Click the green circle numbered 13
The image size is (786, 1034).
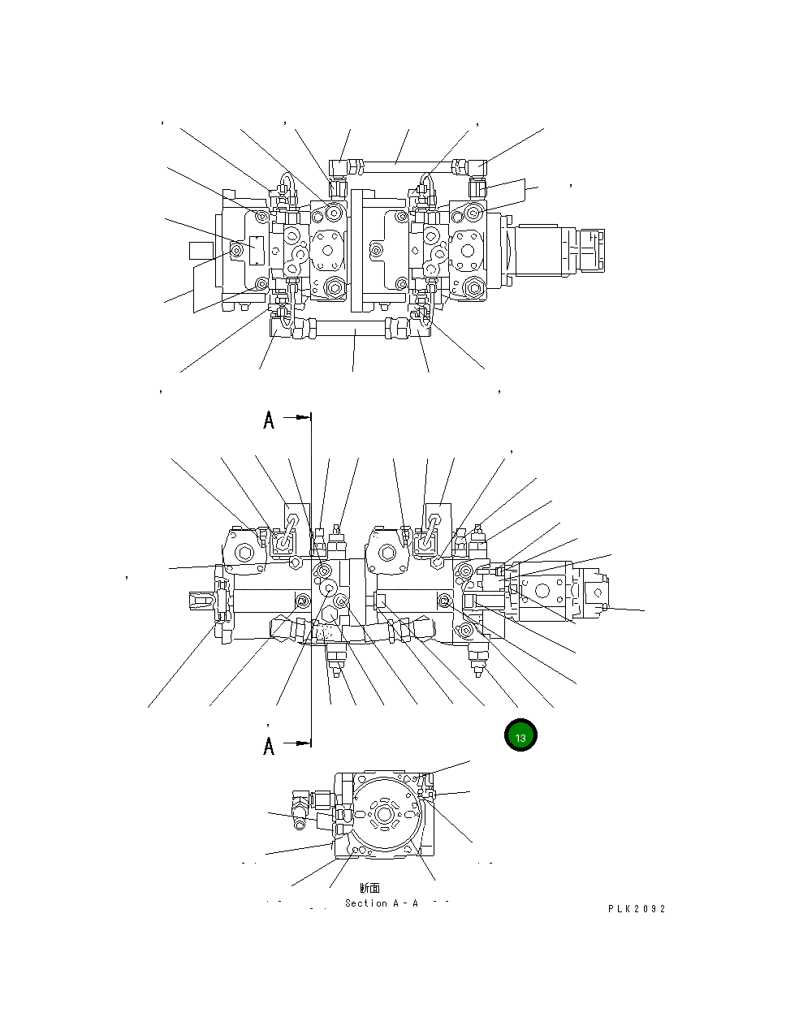coord(520,736)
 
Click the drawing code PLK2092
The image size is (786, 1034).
coord(637,909)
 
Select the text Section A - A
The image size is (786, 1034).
coord(381,903)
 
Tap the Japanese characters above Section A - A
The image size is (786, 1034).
coord(369,889)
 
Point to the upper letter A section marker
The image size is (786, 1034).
coord(269,420)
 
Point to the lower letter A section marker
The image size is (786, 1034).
coord(269,745)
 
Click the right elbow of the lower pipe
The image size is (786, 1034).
coord(420,329)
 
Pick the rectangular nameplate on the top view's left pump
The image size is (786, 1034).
coord(257,249)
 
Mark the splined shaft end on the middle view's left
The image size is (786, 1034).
coord(201,601)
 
